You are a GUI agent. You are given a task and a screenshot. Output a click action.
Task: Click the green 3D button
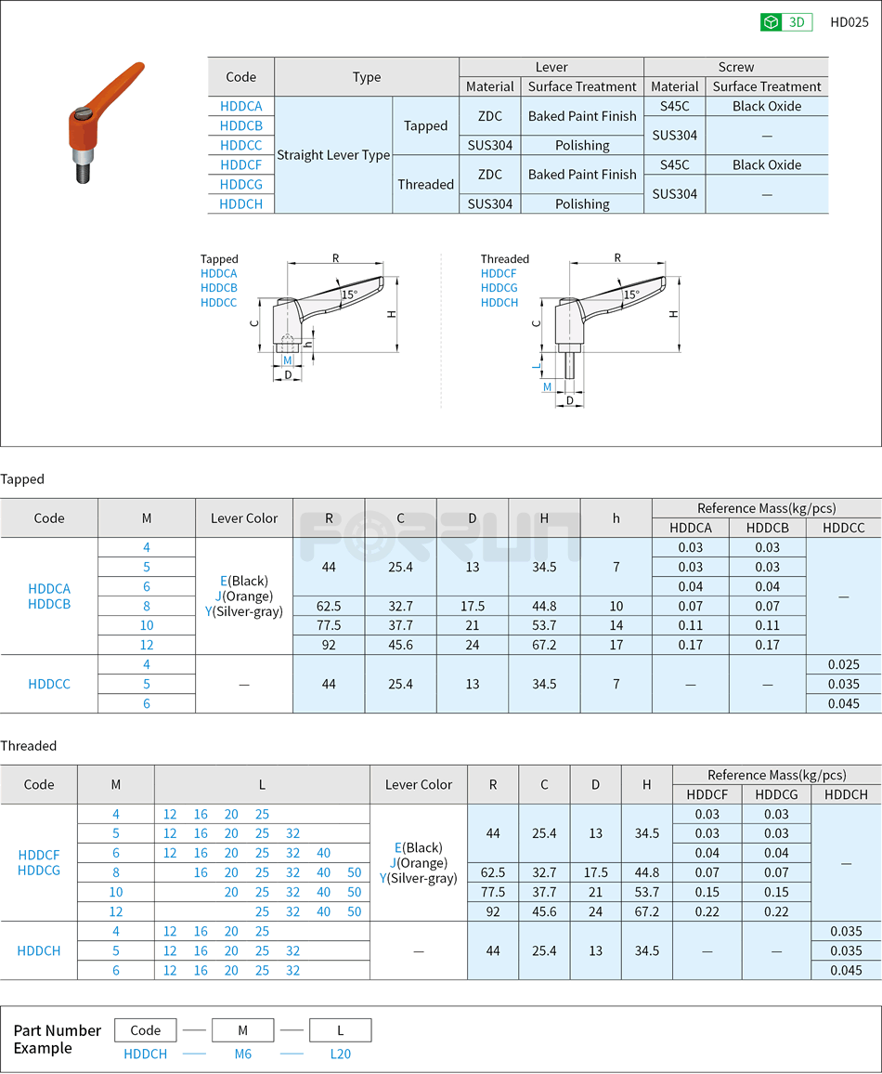(x=785, y=22)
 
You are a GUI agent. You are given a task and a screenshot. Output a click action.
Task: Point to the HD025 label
(x=849, y=22)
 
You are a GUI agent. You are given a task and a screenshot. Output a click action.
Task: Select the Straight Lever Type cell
(x=333, y=155)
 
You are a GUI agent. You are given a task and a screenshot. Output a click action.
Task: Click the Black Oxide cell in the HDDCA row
(x=766, y=106)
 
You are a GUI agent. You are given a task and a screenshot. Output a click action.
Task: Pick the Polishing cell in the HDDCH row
(x=582, y=203)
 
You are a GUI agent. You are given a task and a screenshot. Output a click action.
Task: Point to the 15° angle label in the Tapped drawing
(x=349, y=295)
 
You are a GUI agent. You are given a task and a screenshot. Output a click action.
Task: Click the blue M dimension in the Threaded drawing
(x=547, y=386)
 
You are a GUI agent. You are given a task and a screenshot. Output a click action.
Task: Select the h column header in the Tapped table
(x=616, y=518)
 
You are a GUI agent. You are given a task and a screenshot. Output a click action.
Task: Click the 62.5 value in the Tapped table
(x=329, y=606)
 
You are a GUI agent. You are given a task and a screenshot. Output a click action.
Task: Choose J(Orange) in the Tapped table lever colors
(x=243, y=596)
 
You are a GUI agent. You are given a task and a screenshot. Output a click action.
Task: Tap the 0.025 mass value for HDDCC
(x=844, y=664)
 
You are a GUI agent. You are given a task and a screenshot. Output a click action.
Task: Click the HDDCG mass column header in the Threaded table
(x=776, y=794)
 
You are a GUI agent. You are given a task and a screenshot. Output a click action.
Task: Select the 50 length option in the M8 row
(x=354, y=872)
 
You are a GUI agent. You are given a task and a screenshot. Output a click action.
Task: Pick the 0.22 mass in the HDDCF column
(x=707, y=911)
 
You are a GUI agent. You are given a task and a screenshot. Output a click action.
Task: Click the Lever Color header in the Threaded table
(x=418, y=784)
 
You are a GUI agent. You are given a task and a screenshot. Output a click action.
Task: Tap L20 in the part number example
(x=340, y=1054)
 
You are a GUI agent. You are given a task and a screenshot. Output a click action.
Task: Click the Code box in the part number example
(x=146, y=1030)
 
